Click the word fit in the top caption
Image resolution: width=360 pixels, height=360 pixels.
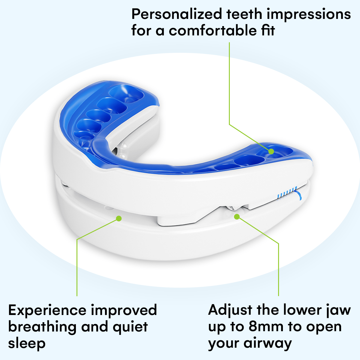click(268, 31)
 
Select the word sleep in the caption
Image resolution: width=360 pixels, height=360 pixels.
click(27, 343)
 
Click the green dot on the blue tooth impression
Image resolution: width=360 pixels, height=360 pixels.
click(271, 151)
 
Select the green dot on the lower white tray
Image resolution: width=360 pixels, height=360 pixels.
click(119, 218)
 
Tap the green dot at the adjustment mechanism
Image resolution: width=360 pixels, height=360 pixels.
click(237, 216)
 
